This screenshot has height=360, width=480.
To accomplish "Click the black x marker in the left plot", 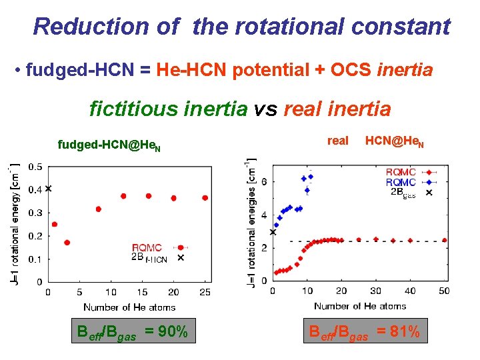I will (48, 189).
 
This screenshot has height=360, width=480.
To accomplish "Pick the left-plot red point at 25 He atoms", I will (205, 198).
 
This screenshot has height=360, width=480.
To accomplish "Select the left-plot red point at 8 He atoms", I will (98, 209).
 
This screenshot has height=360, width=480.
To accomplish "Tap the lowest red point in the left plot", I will (67, 243).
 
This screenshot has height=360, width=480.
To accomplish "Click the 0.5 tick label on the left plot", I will (35, 166).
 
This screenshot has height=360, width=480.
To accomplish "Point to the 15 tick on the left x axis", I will (142, 293).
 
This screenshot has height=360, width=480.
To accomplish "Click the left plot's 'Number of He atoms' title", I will (129, 307).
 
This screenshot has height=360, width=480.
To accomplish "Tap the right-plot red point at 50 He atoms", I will (444, 240).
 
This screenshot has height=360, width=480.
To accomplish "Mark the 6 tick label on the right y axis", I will (263, 181).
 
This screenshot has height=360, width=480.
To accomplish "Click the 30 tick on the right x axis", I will (375, 291).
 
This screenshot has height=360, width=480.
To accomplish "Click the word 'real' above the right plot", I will (338, 141).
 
